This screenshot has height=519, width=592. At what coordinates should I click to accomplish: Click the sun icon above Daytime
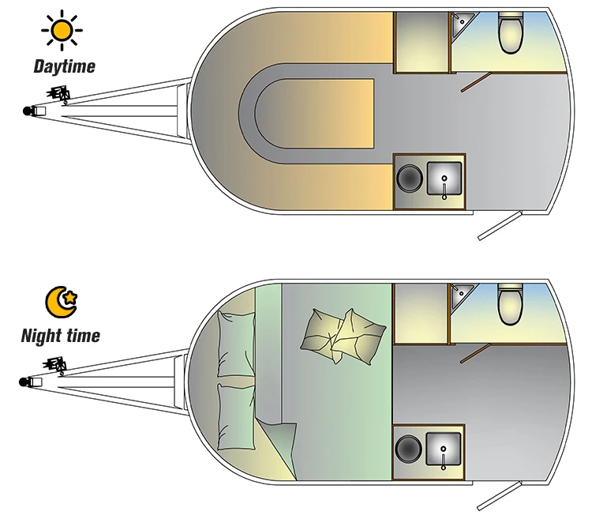click(62, 32)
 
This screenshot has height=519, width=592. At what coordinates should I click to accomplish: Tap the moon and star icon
click(62, 301)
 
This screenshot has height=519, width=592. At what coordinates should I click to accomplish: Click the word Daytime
click(64, 66)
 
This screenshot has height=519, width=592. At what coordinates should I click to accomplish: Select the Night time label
click(61, 336)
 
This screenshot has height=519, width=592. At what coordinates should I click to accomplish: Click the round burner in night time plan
click(410, 448)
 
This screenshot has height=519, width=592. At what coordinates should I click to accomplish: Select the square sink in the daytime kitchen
click(444, 179)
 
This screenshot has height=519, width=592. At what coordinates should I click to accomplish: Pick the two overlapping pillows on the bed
click(342, 333)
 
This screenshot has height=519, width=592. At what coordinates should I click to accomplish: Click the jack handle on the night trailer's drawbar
click(57, 364)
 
